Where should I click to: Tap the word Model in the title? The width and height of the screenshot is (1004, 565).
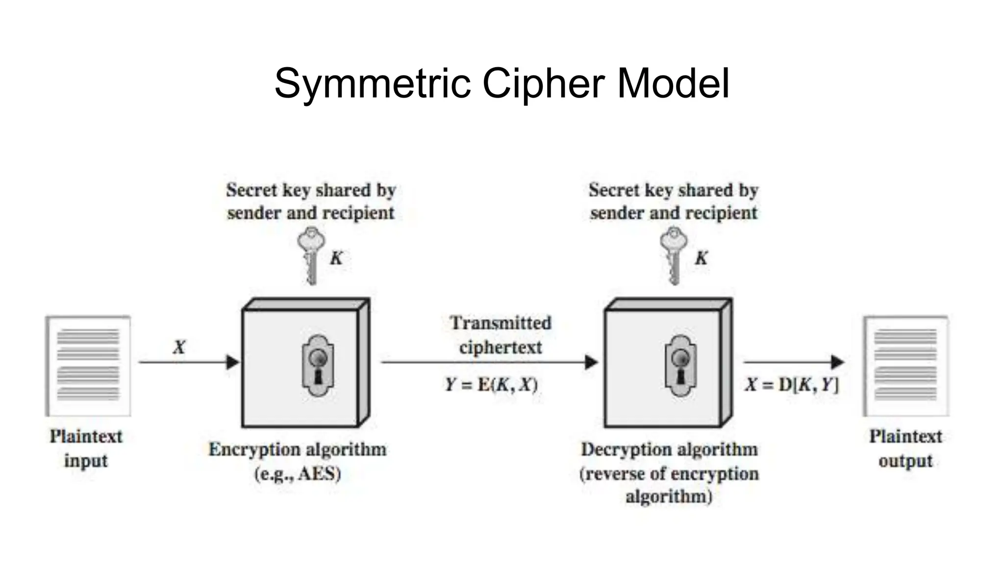point(673,83)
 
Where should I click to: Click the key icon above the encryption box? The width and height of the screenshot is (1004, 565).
point(311,255)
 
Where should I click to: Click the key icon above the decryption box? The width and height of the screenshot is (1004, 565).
point(674,255)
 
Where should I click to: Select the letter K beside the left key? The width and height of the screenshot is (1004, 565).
point(336,258)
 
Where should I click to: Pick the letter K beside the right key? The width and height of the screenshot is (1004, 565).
point(702,258)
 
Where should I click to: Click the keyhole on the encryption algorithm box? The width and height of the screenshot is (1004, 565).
point(318,365)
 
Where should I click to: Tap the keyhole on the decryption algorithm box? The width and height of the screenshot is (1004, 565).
point(680,365)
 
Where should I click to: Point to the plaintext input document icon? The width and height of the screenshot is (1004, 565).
point(88,366)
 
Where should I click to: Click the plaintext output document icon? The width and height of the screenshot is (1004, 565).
point(906,366)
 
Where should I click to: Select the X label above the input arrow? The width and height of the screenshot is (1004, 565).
point(179,347)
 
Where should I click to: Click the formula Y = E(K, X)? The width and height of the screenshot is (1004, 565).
point(491,385)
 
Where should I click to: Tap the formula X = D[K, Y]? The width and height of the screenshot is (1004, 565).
point(792,385)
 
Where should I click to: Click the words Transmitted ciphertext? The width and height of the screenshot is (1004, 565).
point(501,335)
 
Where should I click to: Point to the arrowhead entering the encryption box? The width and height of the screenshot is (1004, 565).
point(233,362)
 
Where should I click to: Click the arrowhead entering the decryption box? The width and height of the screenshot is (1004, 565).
point(592,362)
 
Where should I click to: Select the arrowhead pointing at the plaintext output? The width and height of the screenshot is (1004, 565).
point(838,362)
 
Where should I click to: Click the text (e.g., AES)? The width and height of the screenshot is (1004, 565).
point(298,474)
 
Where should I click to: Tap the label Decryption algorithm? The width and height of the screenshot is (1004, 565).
point(669,449)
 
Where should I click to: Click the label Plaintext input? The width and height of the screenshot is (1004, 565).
point(86,448)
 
